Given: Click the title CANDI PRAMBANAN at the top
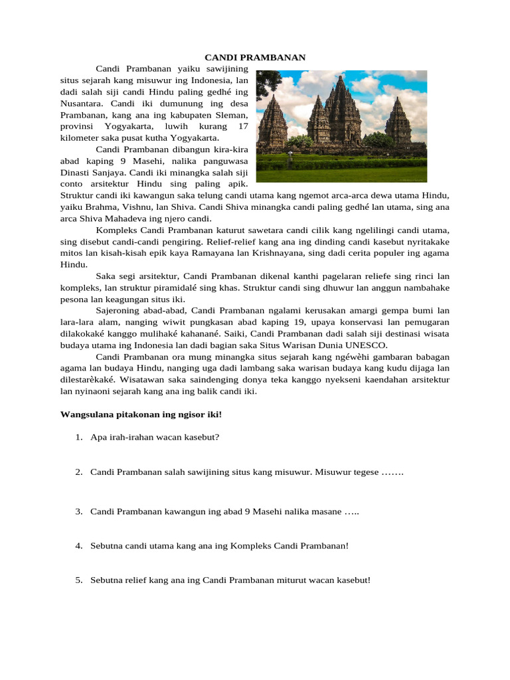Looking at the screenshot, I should [x=255, y=58].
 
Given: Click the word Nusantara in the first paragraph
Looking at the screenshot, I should [x=82, y=104].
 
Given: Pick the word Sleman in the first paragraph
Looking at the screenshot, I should [x=230, y=116].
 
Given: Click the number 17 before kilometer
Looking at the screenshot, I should [x=242, y=127].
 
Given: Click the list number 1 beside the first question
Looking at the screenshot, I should [x=78, y=437].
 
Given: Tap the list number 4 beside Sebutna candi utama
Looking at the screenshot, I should [x=78, y=546].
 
